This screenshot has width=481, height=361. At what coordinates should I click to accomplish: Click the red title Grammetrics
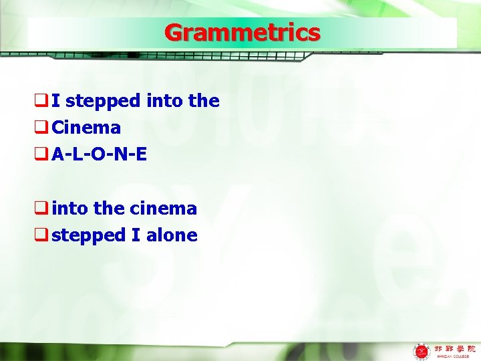click(x=242, y=33)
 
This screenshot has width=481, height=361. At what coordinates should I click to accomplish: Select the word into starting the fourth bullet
click(x=70, y=209)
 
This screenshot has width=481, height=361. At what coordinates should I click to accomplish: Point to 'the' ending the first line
click(x=204, y=102)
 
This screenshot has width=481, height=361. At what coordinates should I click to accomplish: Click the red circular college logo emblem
click(x=422, y=350)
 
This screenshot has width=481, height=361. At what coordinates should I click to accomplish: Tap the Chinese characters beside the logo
click(x=454, y=348)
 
